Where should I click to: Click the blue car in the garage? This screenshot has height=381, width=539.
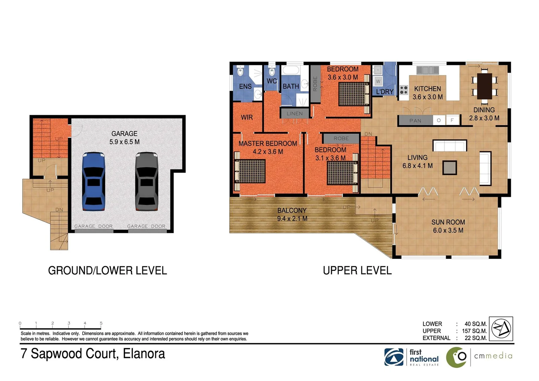pos(93,181)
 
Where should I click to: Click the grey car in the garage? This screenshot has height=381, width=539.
pos(146,181)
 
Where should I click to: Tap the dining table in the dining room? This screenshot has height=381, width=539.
pos(484,86)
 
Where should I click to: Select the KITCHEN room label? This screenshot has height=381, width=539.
pos(428,89)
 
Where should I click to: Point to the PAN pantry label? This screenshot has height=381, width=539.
pos(415,121)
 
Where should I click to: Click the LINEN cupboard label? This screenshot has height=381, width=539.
pos(295,114)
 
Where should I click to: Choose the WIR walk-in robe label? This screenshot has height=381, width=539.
pos(247,117)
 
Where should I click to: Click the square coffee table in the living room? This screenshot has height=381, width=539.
pos(450,168)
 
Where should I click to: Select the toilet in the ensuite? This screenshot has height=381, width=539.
pos(241,71)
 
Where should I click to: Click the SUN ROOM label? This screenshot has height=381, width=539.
pos(448,222)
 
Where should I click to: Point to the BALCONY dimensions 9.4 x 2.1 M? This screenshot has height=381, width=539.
pos(292,219)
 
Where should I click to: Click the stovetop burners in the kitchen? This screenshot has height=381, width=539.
pos(404,90)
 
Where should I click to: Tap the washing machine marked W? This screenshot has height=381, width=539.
pos(378,81)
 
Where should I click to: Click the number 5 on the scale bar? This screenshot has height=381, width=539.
pos(101,323)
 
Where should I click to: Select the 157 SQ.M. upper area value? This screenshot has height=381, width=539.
pos(474,331)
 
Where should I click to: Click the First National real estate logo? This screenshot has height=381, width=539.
pos(412,357)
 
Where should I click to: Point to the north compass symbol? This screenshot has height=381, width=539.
pos(502,328)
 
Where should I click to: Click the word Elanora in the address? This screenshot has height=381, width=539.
pos(144,354)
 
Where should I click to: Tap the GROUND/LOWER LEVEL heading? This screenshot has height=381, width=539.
pos(107,271)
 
